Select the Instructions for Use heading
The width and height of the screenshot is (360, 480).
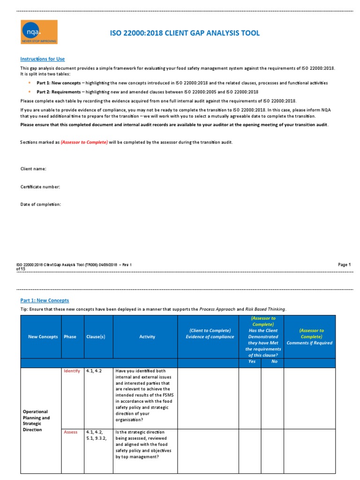(42, 59)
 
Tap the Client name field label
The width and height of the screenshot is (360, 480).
(33, 169)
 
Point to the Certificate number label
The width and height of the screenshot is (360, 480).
(40, 187)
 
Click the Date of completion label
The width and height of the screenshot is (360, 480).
(40, 204)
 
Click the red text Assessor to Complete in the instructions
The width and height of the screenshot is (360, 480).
(84, 142)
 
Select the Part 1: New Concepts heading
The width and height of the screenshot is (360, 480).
(44, 300)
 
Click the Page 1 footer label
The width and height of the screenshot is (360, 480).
(344, 265)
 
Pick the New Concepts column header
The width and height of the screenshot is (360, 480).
(43, 337)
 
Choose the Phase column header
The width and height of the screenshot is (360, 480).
(70, 337)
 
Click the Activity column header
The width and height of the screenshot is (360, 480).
(147, 337)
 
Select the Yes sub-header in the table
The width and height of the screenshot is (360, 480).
(252, 361)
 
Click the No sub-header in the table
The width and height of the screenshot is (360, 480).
(274, 361)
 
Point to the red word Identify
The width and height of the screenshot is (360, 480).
(72, 371)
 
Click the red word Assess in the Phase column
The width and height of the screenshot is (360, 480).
(71, 432)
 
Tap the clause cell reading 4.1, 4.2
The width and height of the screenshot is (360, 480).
(94, 371)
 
